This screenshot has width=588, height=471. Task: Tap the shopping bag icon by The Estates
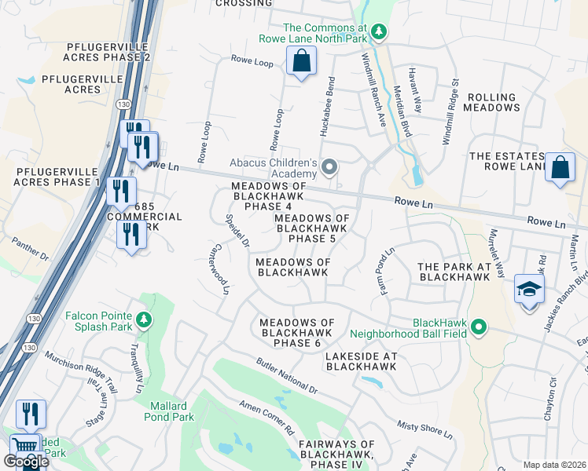559,168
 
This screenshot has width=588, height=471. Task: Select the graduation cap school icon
530,289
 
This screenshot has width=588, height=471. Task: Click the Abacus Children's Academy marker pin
331,167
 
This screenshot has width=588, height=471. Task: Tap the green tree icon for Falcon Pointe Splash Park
143,319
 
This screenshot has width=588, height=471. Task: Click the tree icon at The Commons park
379,31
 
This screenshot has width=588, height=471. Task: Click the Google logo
25,462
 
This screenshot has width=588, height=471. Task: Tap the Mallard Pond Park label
167,411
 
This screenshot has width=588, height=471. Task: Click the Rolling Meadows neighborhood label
492,102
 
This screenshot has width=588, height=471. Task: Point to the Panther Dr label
30,248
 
